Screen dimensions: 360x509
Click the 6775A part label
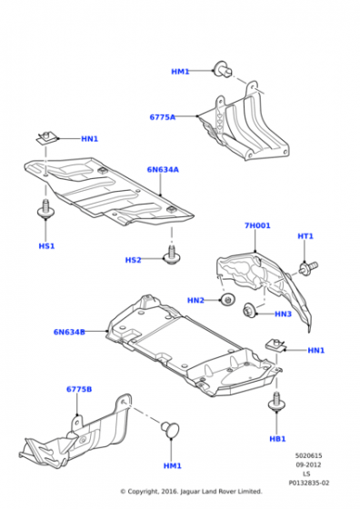pyautogui.click(x=163, y=117)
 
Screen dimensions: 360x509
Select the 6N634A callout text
pyautogui.click(x=163, y=169)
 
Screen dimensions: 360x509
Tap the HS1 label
pyautogui.click(x=46, y=246)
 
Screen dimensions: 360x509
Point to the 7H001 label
pyautogui.click(x=257, y=225)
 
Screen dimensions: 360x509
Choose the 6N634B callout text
pyautogui.click(x=69, y=332)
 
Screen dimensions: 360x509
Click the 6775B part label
pyautogui.click(x=79, y=389)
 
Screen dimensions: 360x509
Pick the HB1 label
pyautogui.click(x=277, y=439)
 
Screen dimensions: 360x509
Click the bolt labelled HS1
pyautogui.click(x=45, y=209)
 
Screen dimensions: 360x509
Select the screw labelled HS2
pyautogui.click(x=172, y=254)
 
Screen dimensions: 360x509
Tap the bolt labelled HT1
pyautogui.click(x=308, y=267)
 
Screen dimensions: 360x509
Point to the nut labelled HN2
pyautogui.click(x=228, y=299)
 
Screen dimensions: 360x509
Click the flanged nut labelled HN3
pyautogui.click(x=250, y=310)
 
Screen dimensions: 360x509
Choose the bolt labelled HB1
pyautogui.click(x=277, y=402)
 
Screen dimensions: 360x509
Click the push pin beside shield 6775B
pyautogui.click(x=170, y=429)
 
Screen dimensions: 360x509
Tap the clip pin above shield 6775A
pyautogui.click(x=224, y=69)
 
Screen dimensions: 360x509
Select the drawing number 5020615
pyautogui.click(x=308, y=455)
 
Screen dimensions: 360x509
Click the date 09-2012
pyautogui.click(x=308, y=464)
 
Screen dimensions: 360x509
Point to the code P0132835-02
pyautogui.click(x=309, y=483)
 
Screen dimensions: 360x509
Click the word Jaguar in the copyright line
pyautogui.click(x=190, y=492)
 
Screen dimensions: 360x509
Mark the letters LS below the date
pyautogui.click(x=306, y=474)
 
